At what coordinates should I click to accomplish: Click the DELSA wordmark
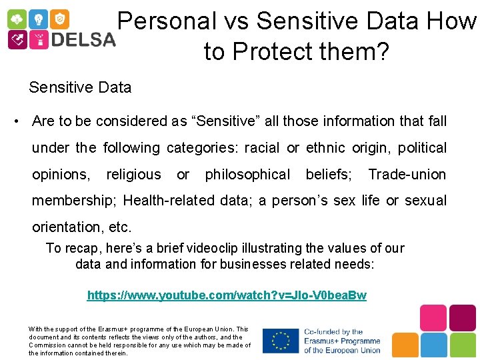click(x=83, y=40)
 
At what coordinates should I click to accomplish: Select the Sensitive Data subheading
click(x=80, y=87)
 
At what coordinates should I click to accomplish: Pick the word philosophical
click(x=247, y=175)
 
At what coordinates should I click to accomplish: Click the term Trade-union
click(x=407, y=175)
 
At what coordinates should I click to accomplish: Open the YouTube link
click(x=227, y=295)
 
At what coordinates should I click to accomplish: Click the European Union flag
click(x=281, y=341)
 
